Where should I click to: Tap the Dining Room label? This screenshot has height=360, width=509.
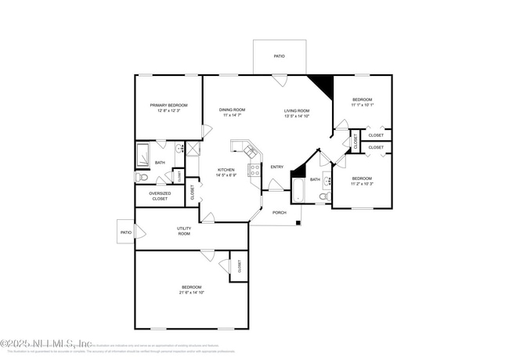[232, 110]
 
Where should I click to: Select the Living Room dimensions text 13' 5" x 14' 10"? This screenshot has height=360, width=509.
[297, 116]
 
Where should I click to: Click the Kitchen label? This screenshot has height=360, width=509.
[226, 169]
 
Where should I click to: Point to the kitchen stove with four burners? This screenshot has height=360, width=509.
[254, 169]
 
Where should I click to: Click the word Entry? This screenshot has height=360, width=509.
[277, 167]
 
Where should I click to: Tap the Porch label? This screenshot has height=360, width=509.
[279, 213]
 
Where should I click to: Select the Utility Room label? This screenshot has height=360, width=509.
[184, 231]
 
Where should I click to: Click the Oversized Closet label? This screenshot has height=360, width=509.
[160, 196]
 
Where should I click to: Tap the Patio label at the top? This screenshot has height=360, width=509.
[279, 56]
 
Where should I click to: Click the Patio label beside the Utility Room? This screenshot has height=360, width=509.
[126, 232]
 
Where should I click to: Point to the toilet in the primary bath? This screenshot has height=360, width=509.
[142, 178]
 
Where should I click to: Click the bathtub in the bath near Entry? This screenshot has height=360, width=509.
[299, 191]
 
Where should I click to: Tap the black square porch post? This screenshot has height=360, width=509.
[298, 224]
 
